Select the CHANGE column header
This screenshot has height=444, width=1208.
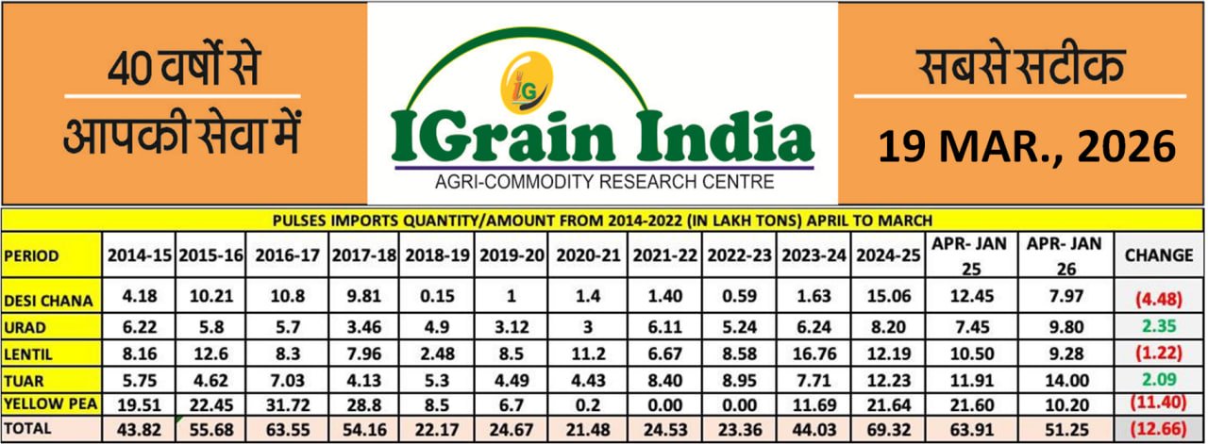coord(1159,255)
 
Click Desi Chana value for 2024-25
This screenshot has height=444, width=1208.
coord(889,296)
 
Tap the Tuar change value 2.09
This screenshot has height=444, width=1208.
coord(1159,378)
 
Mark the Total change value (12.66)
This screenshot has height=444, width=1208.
coord(1159,428)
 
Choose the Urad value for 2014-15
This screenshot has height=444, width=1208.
coord(138,325)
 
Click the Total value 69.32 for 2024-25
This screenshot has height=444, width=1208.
coord(889,427)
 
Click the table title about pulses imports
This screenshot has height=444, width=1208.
coord(603,221)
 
